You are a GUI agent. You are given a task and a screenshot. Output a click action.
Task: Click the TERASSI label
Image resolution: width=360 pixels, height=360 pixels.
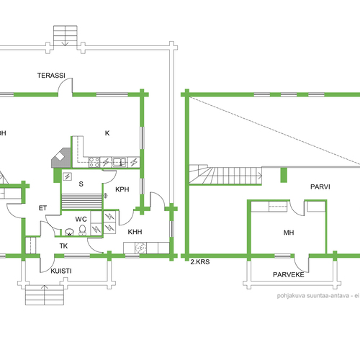pos(51,76)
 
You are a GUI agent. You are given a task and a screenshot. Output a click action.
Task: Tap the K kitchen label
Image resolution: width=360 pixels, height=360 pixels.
pos(107,133)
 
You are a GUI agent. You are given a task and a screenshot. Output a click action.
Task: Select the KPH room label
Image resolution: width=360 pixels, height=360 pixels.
pos(122,189)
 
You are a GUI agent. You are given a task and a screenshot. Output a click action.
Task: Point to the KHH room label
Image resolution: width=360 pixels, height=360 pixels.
pos(135,232)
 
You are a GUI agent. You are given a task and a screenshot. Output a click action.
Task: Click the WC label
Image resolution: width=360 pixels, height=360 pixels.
pos(81,219)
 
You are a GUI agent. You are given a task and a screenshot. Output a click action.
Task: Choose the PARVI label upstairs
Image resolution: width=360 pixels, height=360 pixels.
pos(320,186)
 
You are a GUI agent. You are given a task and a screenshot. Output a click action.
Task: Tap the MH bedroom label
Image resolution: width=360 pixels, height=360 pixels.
pos(289,233)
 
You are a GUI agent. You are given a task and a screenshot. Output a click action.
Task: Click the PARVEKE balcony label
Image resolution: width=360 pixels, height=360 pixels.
pos(289,274)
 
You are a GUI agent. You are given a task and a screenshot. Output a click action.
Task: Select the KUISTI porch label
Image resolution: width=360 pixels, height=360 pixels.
pos(61,271)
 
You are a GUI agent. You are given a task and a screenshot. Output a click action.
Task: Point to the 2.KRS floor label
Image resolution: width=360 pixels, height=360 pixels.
pos(200,262)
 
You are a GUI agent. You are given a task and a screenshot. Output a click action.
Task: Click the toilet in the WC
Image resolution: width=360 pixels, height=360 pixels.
pos(83,230)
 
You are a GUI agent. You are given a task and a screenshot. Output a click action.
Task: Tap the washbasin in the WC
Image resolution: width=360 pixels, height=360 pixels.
pos(69,233)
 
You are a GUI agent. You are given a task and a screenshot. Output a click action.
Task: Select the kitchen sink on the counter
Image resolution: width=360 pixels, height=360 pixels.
pos(120,162)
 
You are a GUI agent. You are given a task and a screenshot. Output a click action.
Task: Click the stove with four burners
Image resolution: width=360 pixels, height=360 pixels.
pos(94,162)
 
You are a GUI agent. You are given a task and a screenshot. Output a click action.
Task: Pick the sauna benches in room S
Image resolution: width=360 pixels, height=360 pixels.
pos(82,202)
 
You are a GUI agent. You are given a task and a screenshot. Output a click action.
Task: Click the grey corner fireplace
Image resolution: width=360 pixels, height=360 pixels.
pos(61,158)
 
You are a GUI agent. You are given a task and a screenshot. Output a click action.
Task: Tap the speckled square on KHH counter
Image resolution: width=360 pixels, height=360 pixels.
pos(140,248)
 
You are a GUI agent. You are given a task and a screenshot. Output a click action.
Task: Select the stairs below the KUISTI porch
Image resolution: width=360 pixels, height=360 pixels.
pos(45,295)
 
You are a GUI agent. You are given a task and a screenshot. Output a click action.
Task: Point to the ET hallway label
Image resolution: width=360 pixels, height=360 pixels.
pos(42,208)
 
